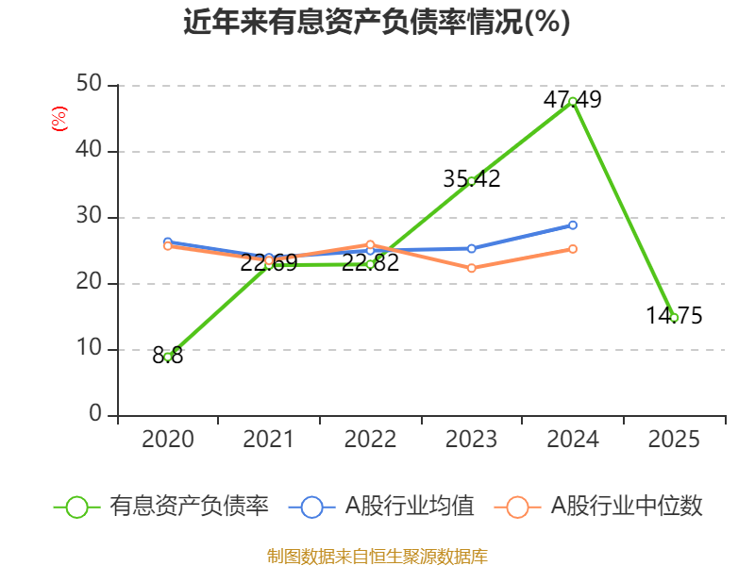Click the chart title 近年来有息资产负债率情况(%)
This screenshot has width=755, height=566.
point(377,22)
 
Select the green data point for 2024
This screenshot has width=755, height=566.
point(573,102)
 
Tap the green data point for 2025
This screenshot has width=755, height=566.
point(674,318)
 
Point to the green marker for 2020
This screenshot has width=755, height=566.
point(168,357)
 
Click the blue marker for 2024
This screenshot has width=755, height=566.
point(573,225)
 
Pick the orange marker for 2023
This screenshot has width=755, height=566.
point(471,268)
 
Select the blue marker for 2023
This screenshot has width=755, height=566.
point(471,248)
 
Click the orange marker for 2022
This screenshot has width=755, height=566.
point(370,245)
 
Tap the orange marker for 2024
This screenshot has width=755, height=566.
point(573,249)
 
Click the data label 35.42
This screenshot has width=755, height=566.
point(471,179)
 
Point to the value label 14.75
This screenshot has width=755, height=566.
point(674,316)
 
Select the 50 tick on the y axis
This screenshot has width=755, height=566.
point(89,84)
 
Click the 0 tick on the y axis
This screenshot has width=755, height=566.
point(95,413)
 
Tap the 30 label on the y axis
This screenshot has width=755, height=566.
point(89,216)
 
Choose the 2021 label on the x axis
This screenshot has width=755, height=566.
point(269,440)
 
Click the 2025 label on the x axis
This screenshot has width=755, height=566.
point(674,440)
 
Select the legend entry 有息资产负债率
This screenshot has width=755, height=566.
point(161,507)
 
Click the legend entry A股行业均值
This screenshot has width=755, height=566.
point(381,507)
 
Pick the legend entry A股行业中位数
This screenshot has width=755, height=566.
point(598,507)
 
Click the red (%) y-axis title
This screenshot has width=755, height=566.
point(59,119)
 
